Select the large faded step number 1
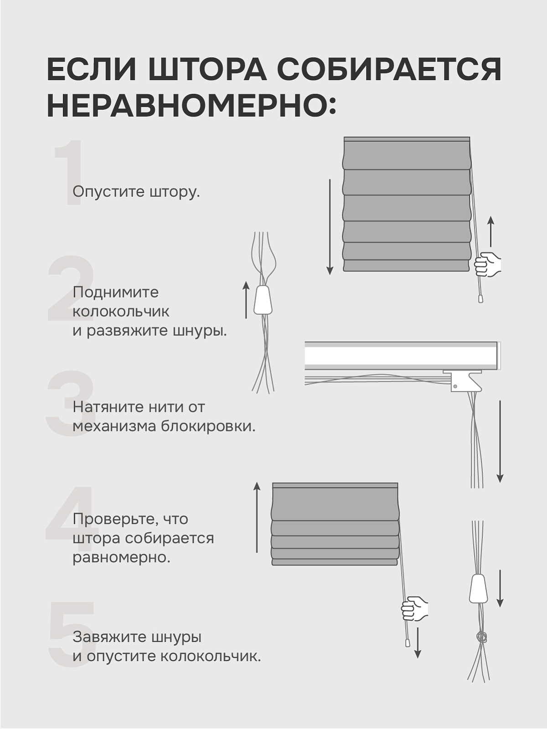(68, 173)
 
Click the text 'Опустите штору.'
(136, 192)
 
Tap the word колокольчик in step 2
(121, 312)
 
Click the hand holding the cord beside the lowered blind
(487, 265)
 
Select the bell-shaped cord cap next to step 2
(263, 299)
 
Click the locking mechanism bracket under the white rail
(465, 381)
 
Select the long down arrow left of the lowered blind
(330, 227)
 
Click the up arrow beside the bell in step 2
(246, 299)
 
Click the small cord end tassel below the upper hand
(480, 298)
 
